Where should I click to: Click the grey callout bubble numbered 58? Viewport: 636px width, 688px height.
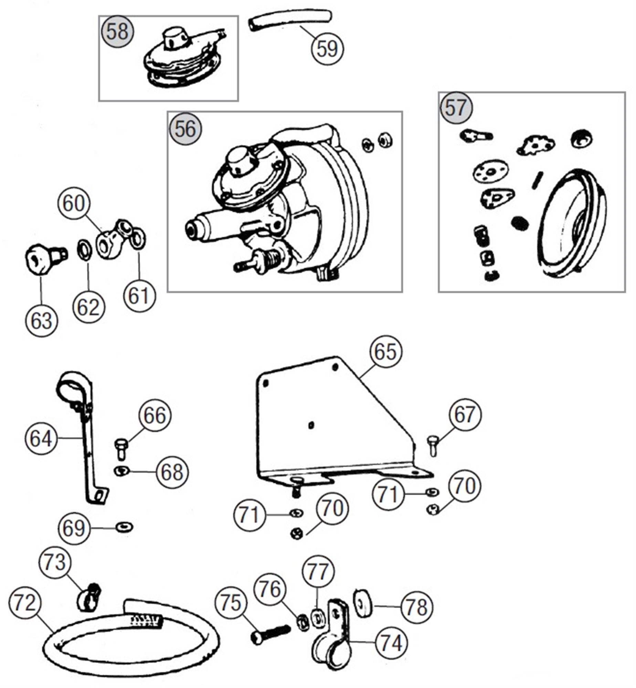(117, 32)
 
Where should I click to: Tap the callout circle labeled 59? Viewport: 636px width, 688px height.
(327, 49)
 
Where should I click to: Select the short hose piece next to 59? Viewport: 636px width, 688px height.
(290, 21)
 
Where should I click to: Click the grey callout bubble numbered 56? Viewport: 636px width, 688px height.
(185, 129)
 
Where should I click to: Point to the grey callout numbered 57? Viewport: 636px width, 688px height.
(456, 108)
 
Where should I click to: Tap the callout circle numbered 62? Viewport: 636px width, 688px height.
(88, 307)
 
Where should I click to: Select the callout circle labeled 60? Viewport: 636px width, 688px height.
(74, 204)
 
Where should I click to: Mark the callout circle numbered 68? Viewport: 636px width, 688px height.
(172, 472)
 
